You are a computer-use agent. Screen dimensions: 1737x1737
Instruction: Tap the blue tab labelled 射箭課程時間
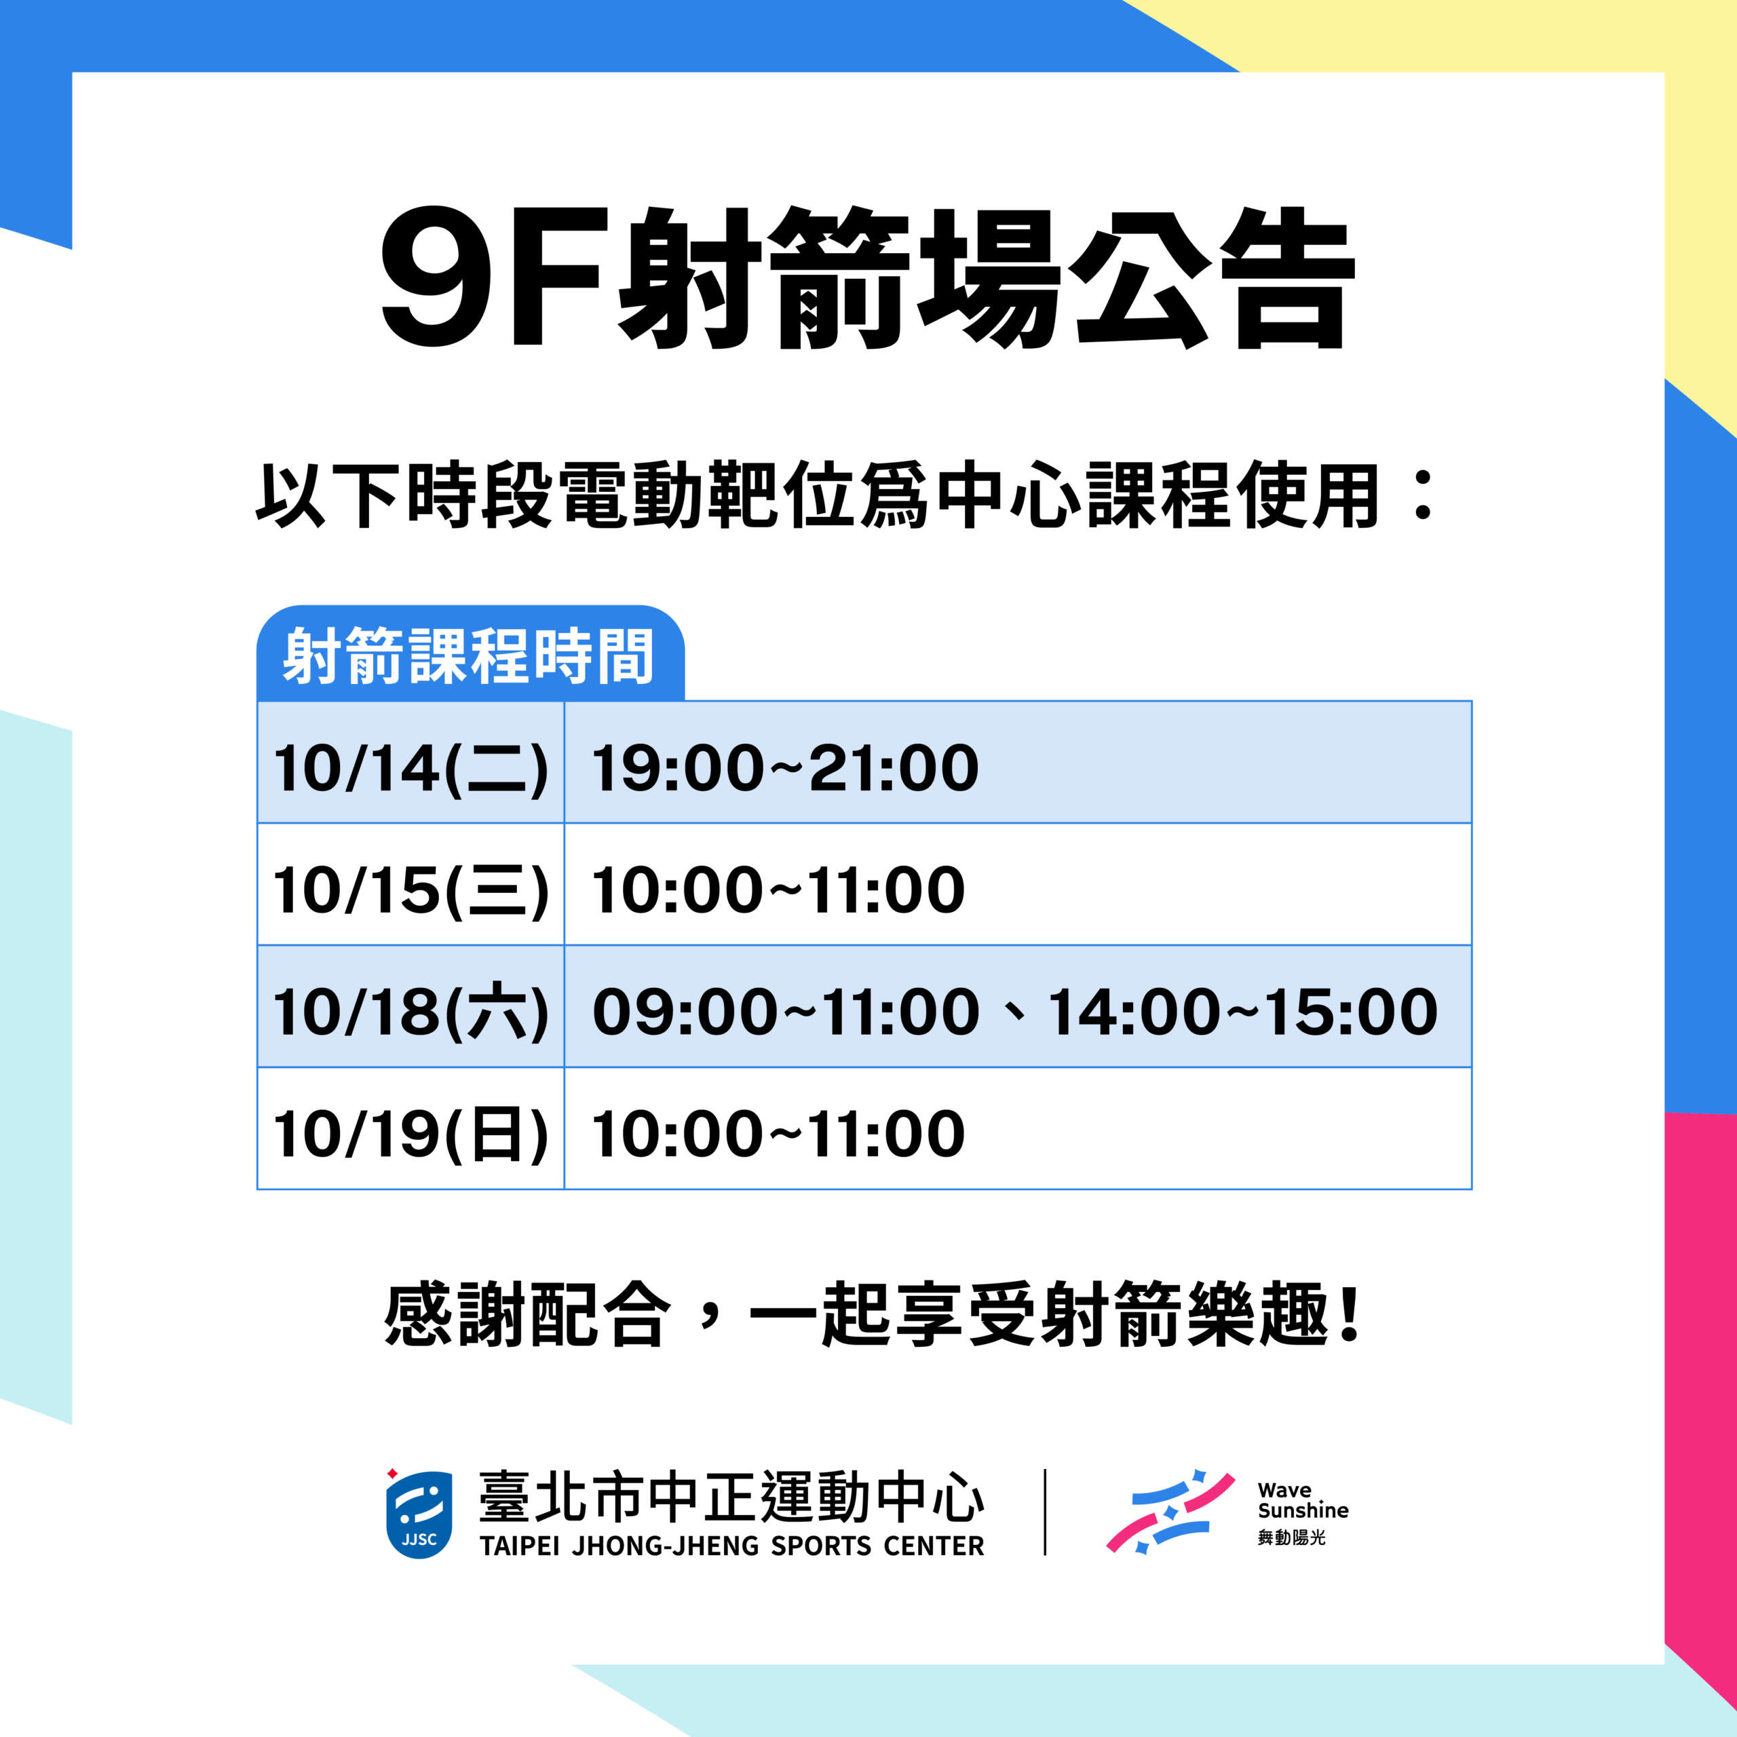470,653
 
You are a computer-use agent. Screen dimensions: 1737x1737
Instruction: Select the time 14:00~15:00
1242,1012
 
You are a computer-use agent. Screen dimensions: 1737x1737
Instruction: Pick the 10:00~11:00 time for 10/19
778,1134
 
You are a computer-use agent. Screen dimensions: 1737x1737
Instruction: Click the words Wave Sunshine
1303,1501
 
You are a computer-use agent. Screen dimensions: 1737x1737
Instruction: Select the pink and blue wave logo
1170,1512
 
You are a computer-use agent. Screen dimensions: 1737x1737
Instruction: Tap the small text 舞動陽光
1291,1538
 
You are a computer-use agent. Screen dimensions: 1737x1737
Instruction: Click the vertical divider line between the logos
1045,1512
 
